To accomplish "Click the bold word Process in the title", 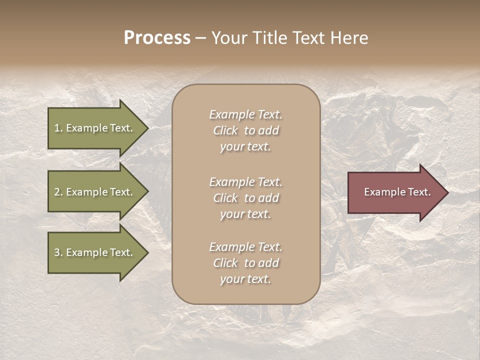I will click(x=157, y=38).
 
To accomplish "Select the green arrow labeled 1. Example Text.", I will click(x=95, y=128).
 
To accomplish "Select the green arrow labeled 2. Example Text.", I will click(x=95, y=192).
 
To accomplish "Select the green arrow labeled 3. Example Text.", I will click(x=95, y=252).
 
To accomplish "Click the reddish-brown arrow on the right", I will click(x=395, y=192).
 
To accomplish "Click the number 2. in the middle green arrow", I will click(x=58, y=192).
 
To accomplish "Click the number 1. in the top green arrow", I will click(x=58, y=128).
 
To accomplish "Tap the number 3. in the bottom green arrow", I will click(x=58, y=252).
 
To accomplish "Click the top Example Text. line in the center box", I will click(x=245, y=114).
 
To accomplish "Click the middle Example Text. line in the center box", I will click(x=245, y=181).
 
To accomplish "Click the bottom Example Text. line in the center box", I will click(x=245, y=247).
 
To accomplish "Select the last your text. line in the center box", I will click(x=245, y=279).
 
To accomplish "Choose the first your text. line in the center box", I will click(x=245, y=146).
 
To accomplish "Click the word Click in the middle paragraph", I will click(x=225, y=198).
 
